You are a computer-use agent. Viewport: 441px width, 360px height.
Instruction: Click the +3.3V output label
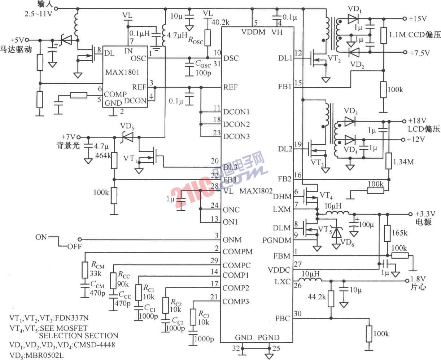(424, 213)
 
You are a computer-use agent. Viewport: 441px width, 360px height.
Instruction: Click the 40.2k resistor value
(220, 22)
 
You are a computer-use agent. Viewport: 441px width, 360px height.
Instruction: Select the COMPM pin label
(237, 251)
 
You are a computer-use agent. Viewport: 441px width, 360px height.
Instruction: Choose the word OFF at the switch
(74, 247)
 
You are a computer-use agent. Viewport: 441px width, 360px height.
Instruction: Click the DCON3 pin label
(236, 136)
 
